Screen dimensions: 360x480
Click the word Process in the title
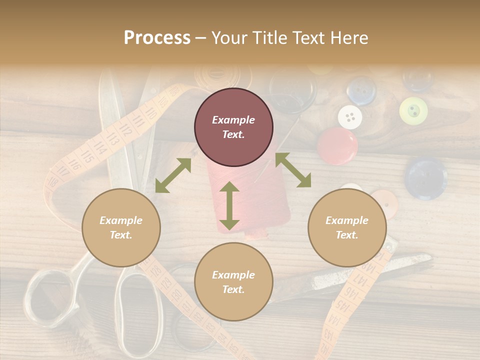click(157, 38)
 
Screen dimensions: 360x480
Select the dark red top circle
click(233, 127)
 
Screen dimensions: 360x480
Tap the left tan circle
click(121, 227)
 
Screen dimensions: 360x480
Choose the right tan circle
click(347, 227)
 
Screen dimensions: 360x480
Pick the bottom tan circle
click(233, 282)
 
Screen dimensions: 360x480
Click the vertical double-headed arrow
click(229, 205)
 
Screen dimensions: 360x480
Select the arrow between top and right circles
click(293, 170)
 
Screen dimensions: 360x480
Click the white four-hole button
click(350, 117)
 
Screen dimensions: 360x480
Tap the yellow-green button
click(413, 110)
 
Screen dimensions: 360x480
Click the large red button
click(337, 145)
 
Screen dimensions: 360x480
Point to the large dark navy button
click(425, 178)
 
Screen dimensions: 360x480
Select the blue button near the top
click(361, 90)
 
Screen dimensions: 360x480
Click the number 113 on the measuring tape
click(111, 139)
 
